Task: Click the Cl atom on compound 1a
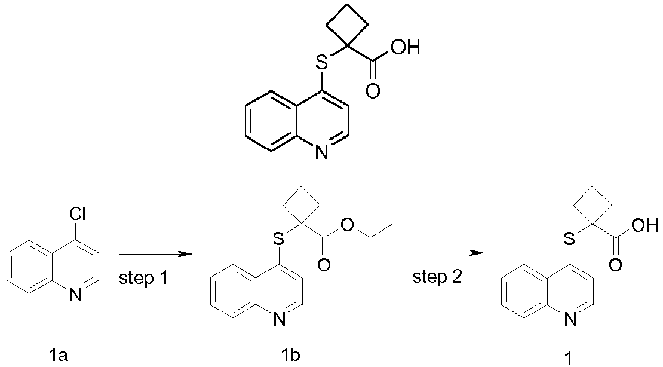(x=77, y=216)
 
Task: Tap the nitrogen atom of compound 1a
(x=75, y=295)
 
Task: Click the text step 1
(x=143, y=278)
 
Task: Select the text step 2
(x=437, y=277)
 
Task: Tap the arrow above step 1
(x=155, y=255)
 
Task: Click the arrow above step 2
(x=447, y=253)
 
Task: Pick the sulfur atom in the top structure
(x=322, y=63)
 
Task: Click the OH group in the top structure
(x=405, y=47)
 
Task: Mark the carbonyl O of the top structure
(x=373, y=91)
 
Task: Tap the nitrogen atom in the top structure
(x=321, y=152)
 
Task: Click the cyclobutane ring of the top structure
(x=346, y=24)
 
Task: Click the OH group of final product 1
(x=645, y=225)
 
